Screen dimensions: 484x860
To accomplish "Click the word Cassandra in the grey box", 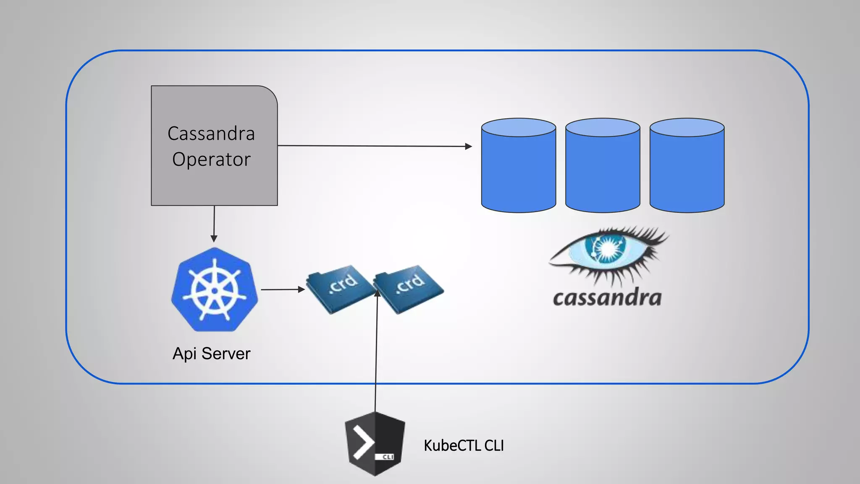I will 211,134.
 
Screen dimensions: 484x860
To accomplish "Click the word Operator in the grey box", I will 211,160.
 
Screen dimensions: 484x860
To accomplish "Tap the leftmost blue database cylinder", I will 519,168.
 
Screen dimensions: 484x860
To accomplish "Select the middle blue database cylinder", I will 603,168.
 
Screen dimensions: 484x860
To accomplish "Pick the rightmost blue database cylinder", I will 687,168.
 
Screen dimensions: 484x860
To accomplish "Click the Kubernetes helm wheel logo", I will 215,290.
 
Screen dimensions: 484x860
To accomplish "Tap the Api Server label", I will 211,354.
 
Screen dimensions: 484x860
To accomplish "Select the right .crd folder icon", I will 409,289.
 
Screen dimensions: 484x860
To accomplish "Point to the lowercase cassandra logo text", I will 607,297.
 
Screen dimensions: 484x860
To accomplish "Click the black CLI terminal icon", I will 375,444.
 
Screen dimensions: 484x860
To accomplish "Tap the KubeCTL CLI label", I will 464,446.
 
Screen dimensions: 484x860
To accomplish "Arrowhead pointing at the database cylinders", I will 469,146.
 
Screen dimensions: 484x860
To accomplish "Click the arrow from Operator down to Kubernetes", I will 214,223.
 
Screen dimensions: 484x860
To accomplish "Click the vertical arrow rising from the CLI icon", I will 376,349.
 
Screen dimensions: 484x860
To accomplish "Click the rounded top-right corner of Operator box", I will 271,93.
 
